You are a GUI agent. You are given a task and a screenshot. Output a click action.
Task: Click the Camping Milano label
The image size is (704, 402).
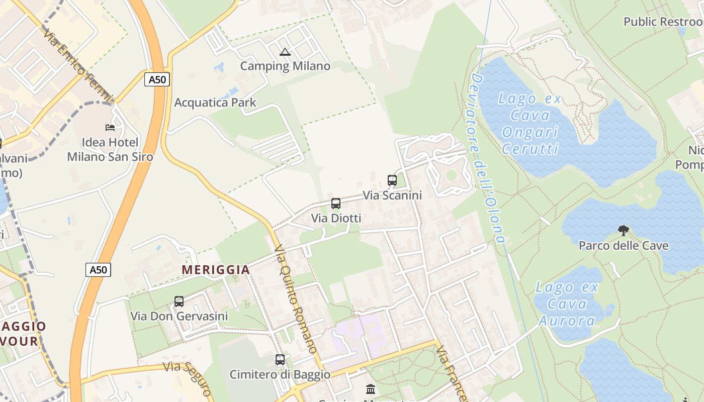coord(285,66)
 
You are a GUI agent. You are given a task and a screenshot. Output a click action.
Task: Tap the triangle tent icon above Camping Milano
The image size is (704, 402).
coord(285,52)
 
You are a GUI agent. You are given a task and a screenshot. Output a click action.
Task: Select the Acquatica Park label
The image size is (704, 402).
coord(215,103)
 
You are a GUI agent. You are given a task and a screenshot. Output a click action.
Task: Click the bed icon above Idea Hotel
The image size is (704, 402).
coord(110,128)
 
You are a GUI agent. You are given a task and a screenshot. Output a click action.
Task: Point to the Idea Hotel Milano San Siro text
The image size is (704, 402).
coord(110,150)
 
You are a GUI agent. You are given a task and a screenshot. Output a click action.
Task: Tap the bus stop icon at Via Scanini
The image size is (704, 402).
coord(392,180)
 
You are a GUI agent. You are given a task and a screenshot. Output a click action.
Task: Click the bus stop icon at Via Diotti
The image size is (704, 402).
coord(336,204)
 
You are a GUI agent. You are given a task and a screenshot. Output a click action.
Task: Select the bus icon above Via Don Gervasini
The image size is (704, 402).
coord(179,301)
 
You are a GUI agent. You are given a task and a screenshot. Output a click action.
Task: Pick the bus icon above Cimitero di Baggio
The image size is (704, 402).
coord(280,360)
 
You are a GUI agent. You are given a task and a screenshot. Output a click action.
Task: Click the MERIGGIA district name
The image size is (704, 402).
coord(216,270)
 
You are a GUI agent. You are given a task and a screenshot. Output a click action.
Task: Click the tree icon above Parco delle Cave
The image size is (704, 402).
coord(624,231)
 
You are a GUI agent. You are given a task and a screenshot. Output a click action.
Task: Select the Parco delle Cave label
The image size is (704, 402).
coord(624,246)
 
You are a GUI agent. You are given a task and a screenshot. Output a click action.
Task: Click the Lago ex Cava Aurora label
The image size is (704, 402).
coord(567,304)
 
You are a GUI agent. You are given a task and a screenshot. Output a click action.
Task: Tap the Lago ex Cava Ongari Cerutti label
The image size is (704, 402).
coord(530,124)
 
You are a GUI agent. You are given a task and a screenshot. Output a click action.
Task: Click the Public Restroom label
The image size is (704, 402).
coord(663,22)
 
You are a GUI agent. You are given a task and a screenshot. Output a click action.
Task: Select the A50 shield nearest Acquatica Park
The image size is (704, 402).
coord(157,79)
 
